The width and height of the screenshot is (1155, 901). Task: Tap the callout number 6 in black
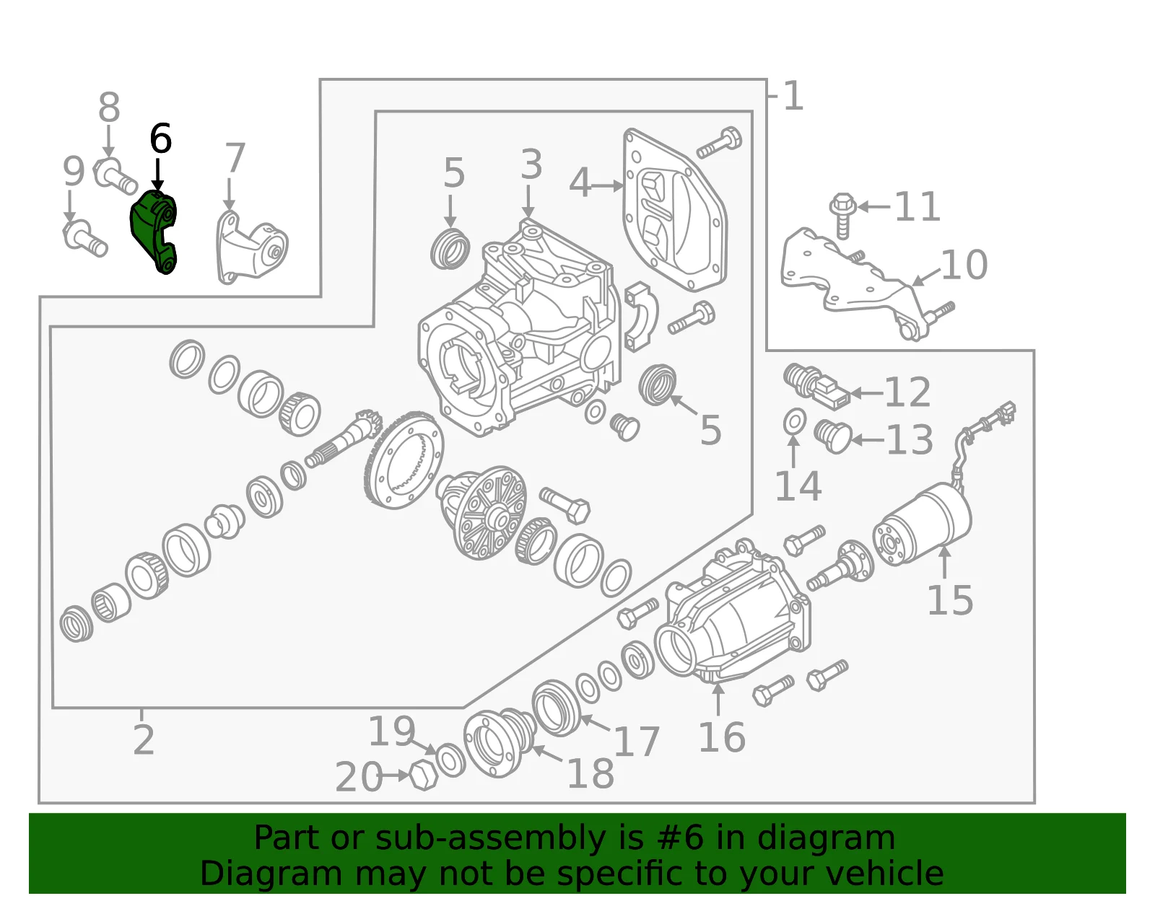coord(160,139)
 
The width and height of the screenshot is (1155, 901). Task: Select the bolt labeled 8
coord(115,175)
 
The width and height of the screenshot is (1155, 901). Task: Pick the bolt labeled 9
coord(84,238)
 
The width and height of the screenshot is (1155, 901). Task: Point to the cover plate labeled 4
coord(675,210)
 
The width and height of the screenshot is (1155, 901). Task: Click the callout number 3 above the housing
coord(531,164)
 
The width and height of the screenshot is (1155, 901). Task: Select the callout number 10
coord(964,265)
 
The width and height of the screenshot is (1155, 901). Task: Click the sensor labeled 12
coord(816,387)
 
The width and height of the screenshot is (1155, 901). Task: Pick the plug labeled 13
coord(833,436)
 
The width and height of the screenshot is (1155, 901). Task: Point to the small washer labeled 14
coord(795,421)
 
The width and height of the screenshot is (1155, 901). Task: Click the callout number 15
coord(950,600)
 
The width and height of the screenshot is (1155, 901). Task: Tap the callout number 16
coord(722,737)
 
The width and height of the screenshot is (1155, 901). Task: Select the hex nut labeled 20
coord(424,775)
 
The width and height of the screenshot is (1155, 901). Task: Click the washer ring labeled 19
coord(450,760)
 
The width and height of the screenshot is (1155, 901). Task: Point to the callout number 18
coord(590,773)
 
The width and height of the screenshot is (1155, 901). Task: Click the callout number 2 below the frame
coord(144,739)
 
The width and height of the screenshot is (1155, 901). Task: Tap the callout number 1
coord(793,96)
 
